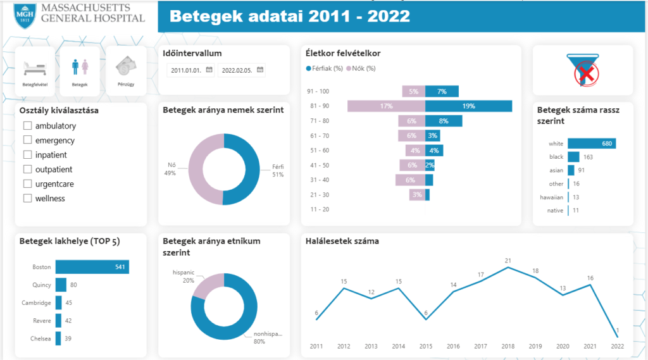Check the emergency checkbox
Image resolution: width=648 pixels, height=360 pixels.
(27, 140)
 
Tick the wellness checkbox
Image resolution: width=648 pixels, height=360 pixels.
(27, 199)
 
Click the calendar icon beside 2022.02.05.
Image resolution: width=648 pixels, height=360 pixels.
(259, 70)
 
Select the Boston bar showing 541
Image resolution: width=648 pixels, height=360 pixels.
(92, 267)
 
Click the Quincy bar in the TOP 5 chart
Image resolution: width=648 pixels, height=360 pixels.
(61, 285)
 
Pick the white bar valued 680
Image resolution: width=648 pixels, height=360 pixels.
(591, 144)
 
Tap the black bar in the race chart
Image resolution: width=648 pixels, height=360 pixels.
(573, 157)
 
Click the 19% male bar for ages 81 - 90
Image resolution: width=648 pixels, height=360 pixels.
(468, 106)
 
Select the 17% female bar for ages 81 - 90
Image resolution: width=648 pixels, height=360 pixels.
(386, 106)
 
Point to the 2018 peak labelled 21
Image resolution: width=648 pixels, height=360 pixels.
(508, 267)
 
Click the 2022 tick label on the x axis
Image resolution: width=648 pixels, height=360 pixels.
(617, 347)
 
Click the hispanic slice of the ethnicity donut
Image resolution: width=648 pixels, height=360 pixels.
(208, 285)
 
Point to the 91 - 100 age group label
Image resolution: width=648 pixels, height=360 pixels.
(318, 92)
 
